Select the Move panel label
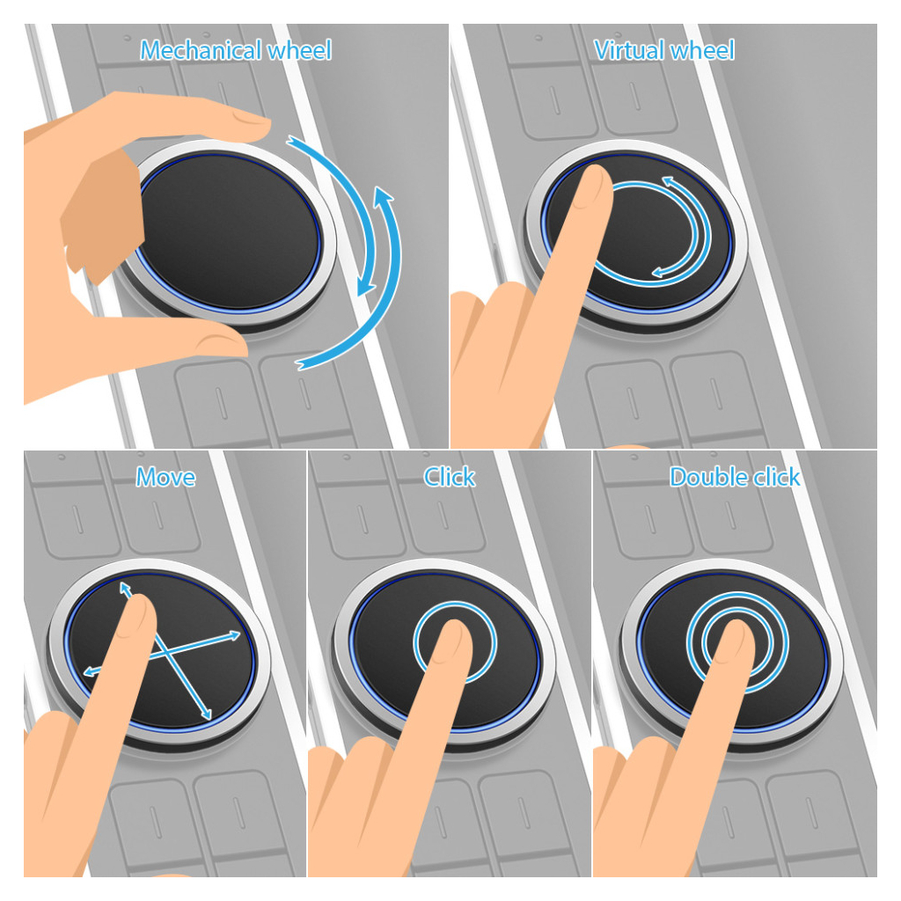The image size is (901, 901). [x=165, y=477]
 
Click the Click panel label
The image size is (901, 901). [x=450, y=477]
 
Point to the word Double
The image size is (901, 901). [x=709, y=477]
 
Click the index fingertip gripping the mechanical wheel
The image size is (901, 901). [x=253, y=121]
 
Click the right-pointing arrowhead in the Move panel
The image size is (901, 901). [x=235, y=635]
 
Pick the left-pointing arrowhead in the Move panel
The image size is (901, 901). [x=90, y=671]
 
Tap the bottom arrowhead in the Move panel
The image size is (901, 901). [x=206, y=714]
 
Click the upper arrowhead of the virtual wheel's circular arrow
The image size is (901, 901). [x=669, y=182]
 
